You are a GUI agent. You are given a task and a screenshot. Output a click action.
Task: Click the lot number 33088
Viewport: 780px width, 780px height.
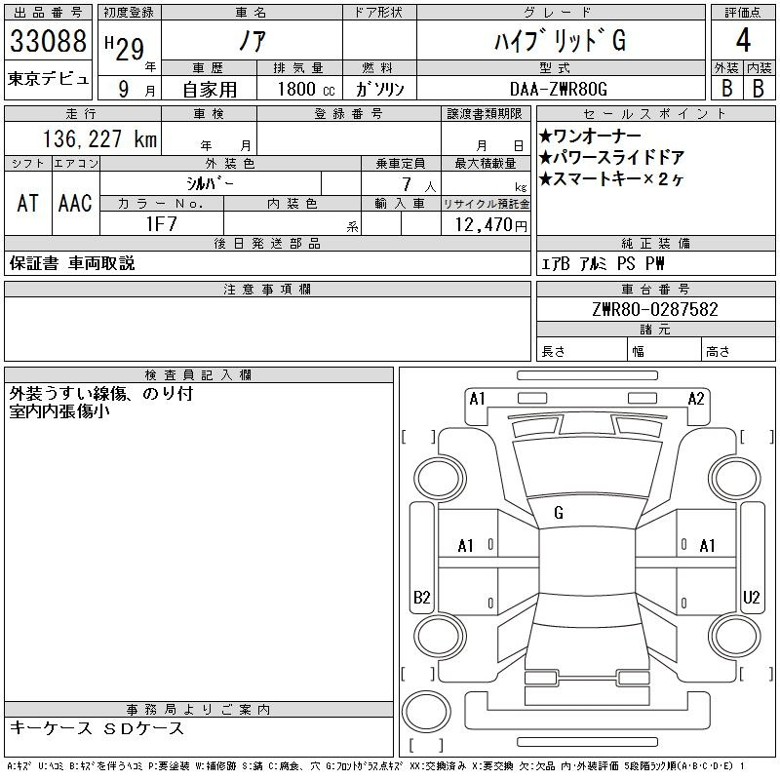[48, 41]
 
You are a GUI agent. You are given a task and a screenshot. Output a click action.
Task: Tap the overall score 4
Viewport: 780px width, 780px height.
[743, 40]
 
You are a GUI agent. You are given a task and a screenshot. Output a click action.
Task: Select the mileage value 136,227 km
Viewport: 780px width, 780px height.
[100, 138]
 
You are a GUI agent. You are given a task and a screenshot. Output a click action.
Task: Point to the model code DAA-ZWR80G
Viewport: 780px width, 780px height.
[559, 89]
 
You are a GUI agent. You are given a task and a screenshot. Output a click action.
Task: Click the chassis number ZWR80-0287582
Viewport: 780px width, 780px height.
[655, 309]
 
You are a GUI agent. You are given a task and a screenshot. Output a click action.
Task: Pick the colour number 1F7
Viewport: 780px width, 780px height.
[162, 224]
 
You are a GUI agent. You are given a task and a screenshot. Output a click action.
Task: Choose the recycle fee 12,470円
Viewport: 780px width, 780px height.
[491, 225]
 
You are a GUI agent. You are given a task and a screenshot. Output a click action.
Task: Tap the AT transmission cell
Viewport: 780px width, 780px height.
[27, 203]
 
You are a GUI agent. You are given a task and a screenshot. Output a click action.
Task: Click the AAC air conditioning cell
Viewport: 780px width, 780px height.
[75, 203]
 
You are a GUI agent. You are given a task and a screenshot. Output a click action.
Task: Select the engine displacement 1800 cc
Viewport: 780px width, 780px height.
[306, 89]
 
